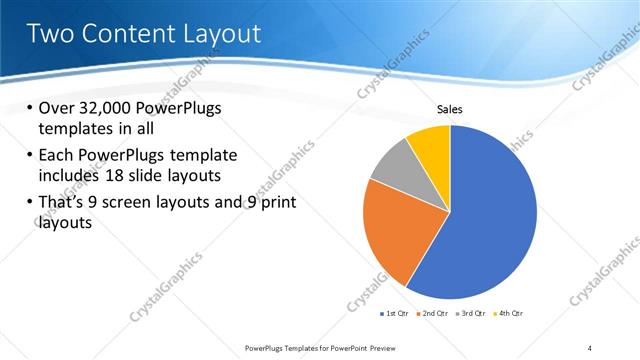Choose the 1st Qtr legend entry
[394, 313]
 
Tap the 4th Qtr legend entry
[509, 313]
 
